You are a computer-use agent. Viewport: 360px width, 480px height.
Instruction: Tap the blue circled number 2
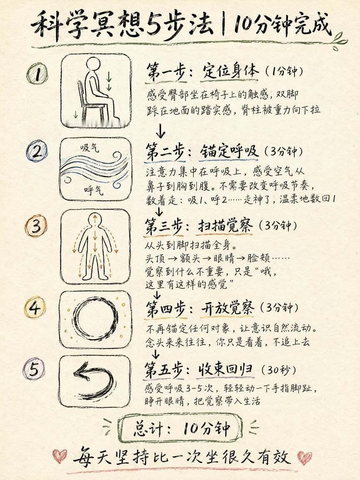[37, 151]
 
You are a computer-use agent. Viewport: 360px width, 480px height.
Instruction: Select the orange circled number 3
[36, 226]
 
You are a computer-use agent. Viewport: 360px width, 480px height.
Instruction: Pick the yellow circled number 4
[35, 307]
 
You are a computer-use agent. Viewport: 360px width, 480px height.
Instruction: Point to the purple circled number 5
[34, 369]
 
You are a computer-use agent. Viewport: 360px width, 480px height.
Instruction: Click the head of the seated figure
[93, 65]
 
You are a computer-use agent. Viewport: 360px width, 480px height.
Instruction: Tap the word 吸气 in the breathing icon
[90, 148]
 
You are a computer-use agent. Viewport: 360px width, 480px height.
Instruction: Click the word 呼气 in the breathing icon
[93, 190]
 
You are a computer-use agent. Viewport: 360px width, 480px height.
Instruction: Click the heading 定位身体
[230, 71]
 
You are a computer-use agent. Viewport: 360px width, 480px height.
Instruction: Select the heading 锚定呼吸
[229, 152]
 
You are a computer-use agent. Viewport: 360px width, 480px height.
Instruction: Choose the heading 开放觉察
[227, 308]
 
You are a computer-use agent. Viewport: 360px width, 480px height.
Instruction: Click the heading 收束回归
[225, 370]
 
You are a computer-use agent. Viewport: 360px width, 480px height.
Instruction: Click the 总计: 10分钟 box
[181, 428]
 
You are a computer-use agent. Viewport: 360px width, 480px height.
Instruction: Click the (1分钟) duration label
[284, 71]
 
